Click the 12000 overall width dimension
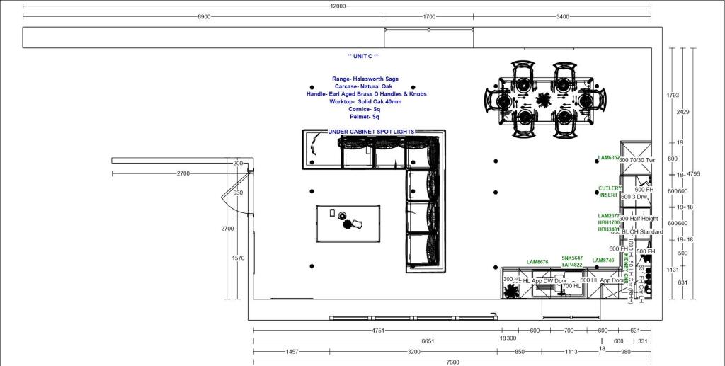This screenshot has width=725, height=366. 338,6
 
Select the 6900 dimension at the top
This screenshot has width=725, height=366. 204,16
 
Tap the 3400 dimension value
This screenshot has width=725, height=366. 563,16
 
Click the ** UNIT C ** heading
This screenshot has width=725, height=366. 362,56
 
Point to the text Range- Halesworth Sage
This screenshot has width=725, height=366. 365,79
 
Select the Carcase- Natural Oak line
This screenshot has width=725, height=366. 365,86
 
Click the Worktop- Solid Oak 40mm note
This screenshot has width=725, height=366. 365,102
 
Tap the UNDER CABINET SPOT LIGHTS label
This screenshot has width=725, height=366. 370,132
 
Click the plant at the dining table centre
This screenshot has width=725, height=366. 544,99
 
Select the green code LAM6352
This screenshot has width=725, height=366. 608,158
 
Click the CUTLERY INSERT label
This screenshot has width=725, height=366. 610,192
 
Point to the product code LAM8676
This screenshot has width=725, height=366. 537,262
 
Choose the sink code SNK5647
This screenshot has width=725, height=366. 572,258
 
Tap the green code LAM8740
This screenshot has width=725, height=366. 603,261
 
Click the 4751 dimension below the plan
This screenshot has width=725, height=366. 378,331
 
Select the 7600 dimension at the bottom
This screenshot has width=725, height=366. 452,362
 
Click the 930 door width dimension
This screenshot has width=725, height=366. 238,193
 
